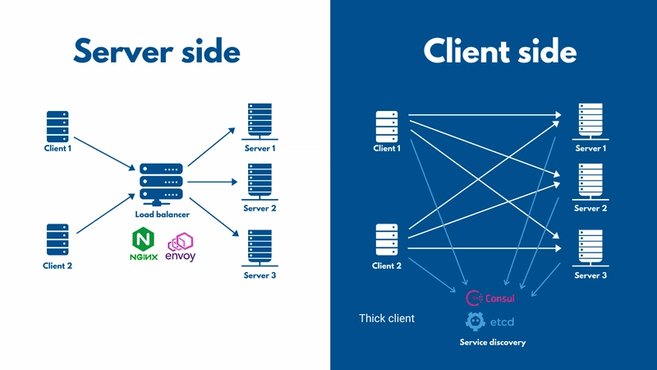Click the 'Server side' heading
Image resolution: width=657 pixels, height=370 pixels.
156,52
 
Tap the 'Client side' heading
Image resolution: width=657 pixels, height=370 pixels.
500,52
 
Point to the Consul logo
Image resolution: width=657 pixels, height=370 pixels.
490,298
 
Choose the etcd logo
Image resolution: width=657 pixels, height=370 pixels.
490,321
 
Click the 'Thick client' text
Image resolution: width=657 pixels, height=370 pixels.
387,318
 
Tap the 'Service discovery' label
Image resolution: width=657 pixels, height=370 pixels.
492,342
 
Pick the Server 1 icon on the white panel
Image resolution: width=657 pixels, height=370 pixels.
260,122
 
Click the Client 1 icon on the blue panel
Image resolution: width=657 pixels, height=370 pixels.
387,126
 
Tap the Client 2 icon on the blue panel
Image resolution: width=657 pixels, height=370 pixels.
387,240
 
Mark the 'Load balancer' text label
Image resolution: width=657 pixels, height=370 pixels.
163,215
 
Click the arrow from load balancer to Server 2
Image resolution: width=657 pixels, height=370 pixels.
213,182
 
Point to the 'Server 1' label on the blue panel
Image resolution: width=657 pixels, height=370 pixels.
590,149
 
